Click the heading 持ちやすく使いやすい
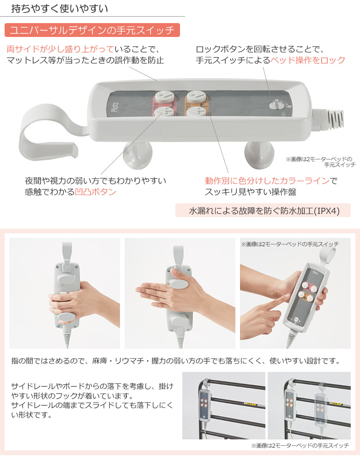pyautogui.click(x=60, y=8)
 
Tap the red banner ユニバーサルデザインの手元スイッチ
pyautogui.click(x=92, y=30)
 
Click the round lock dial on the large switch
pyautogui.click(x=276, y=105)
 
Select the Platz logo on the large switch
pyautogui.click(x=115, y=107)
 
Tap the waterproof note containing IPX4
pyautogui.click(x=263, y=210)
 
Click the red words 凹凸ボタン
pyautogui.click(x=96, y=192)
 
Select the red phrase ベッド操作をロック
pyautogui.click(x=307, y=60)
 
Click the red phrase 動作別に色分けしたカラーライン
pyautogui.click(x=267, y=180)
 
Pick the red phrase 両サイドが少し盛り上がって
pyautogui.click(x=60, y=49)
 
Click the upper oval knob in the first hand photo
pyautogui.click(x=67, y=279)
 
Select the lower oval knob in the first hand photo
pyautogui.click(x=67, y=317)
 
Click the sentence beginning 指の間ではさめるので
pyautogui.click(x=176, y=361)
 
